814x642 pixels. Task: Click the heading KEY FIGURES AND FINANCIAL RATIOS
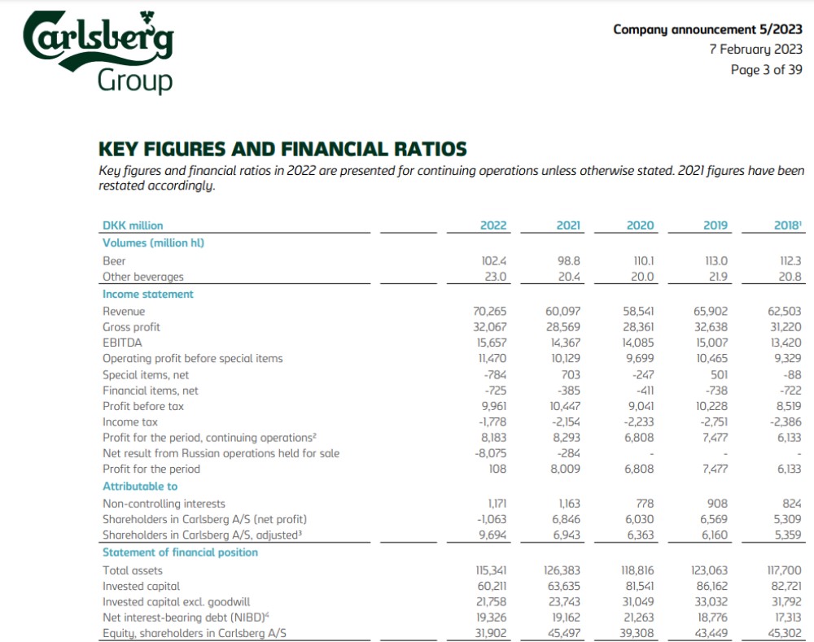tap(282, 149)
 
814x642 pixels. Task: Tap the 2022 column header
tap(493, 225)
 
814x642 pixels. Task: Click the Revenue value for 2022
tap(490, 311)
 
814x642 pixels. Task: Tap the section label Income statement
tap(147, 295)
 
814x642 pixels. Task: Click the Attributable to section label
tap(140, 487)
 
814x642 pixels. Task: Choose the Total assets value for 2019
tap(711, 570)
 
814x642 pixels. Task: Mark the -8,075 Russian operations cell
tap(490, 453)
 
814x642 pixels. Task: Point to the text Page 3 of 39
tap(766, 70)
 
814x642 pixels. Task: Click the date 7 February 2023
tap(755, 50)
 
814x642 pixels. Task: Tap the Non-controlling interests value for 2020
tap(644, 504)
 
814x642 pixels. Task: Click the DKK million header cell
tap(133, 225)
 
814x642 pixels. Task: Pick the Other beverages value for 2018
tap(790, 277)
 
